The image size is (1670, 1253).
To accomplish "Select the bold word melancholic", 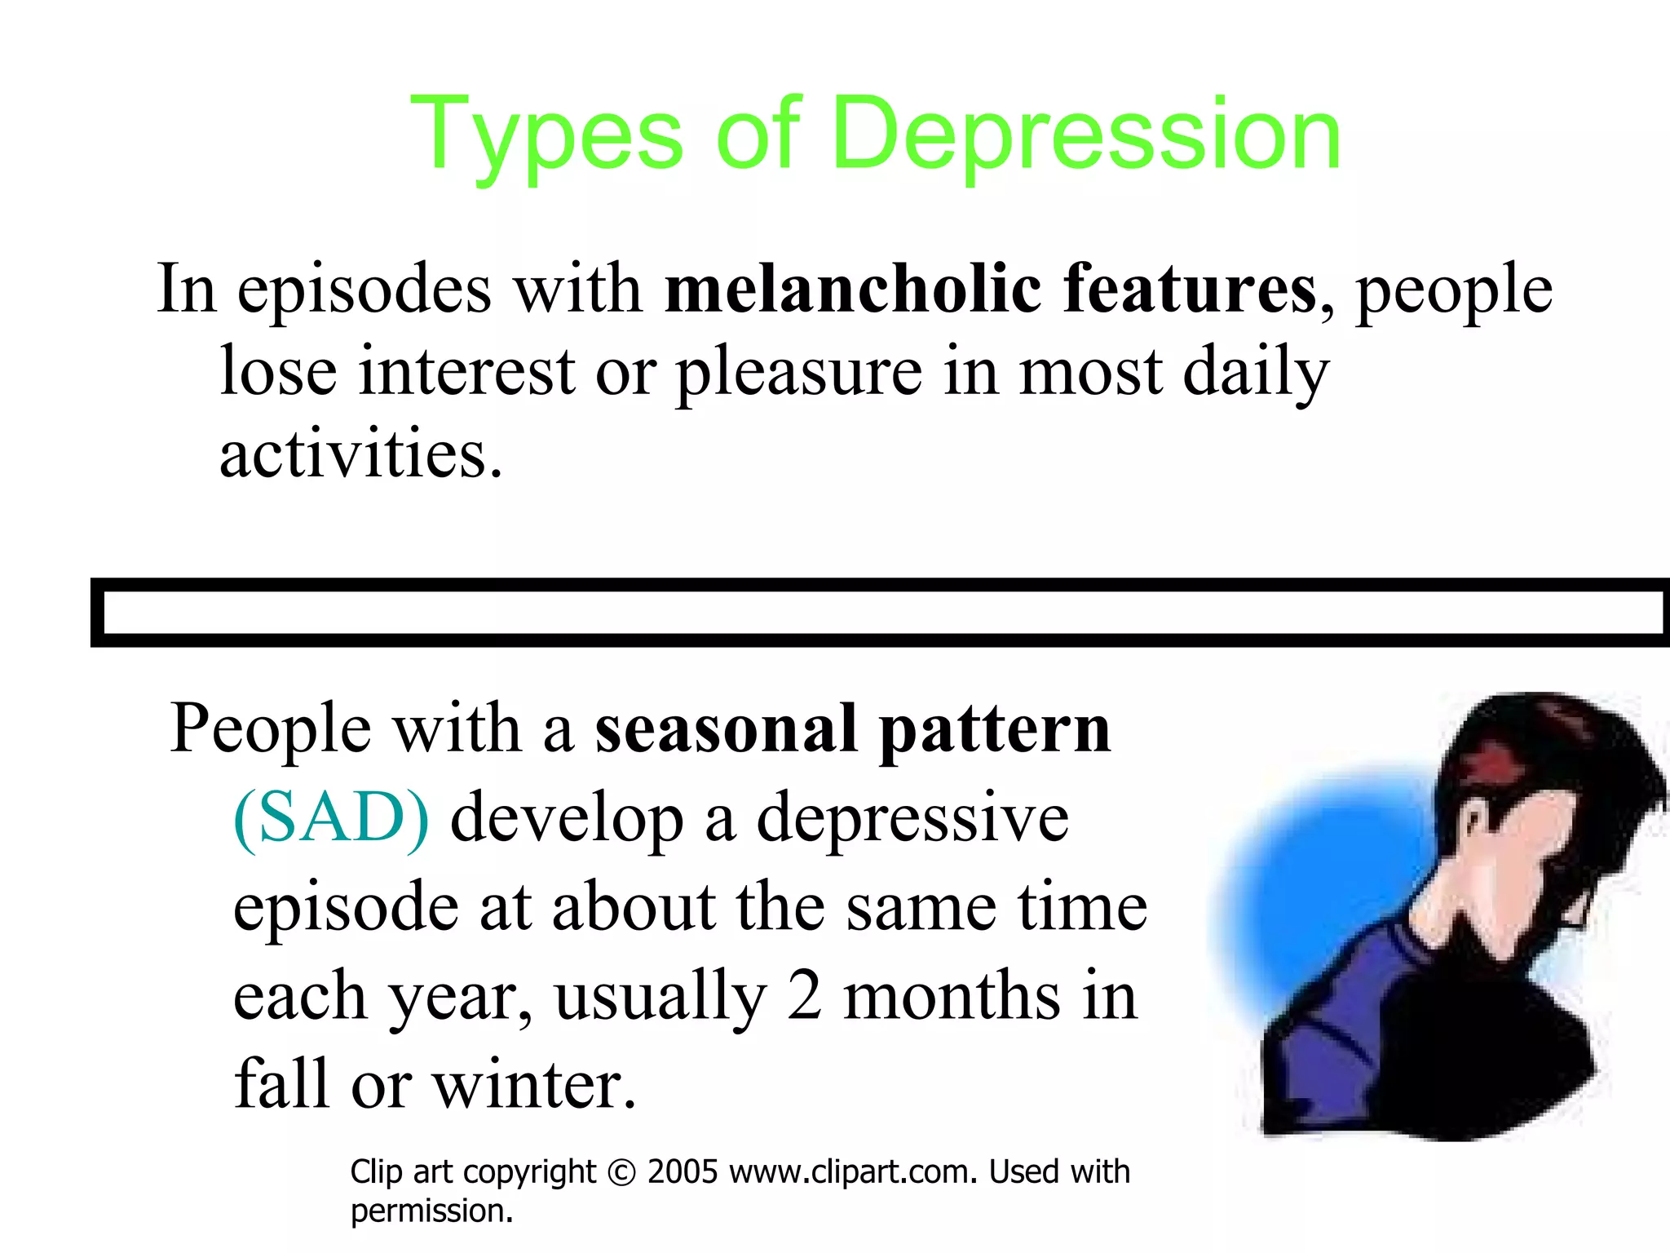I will point(853,289).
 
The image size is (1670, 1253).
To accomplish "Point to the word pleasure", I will point(799,372).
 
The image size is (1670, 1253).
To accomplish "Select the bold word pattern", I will point(995,730).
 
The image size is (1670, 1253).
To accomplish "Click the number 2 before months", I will point(804,996).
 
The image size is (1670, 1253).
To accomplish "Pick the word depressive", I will point(912,819).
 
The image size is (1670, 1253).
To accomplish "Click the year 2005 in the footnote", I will point(683,1172).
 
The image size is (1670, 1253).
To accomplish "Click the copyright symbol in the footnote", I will point(622,1173).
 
